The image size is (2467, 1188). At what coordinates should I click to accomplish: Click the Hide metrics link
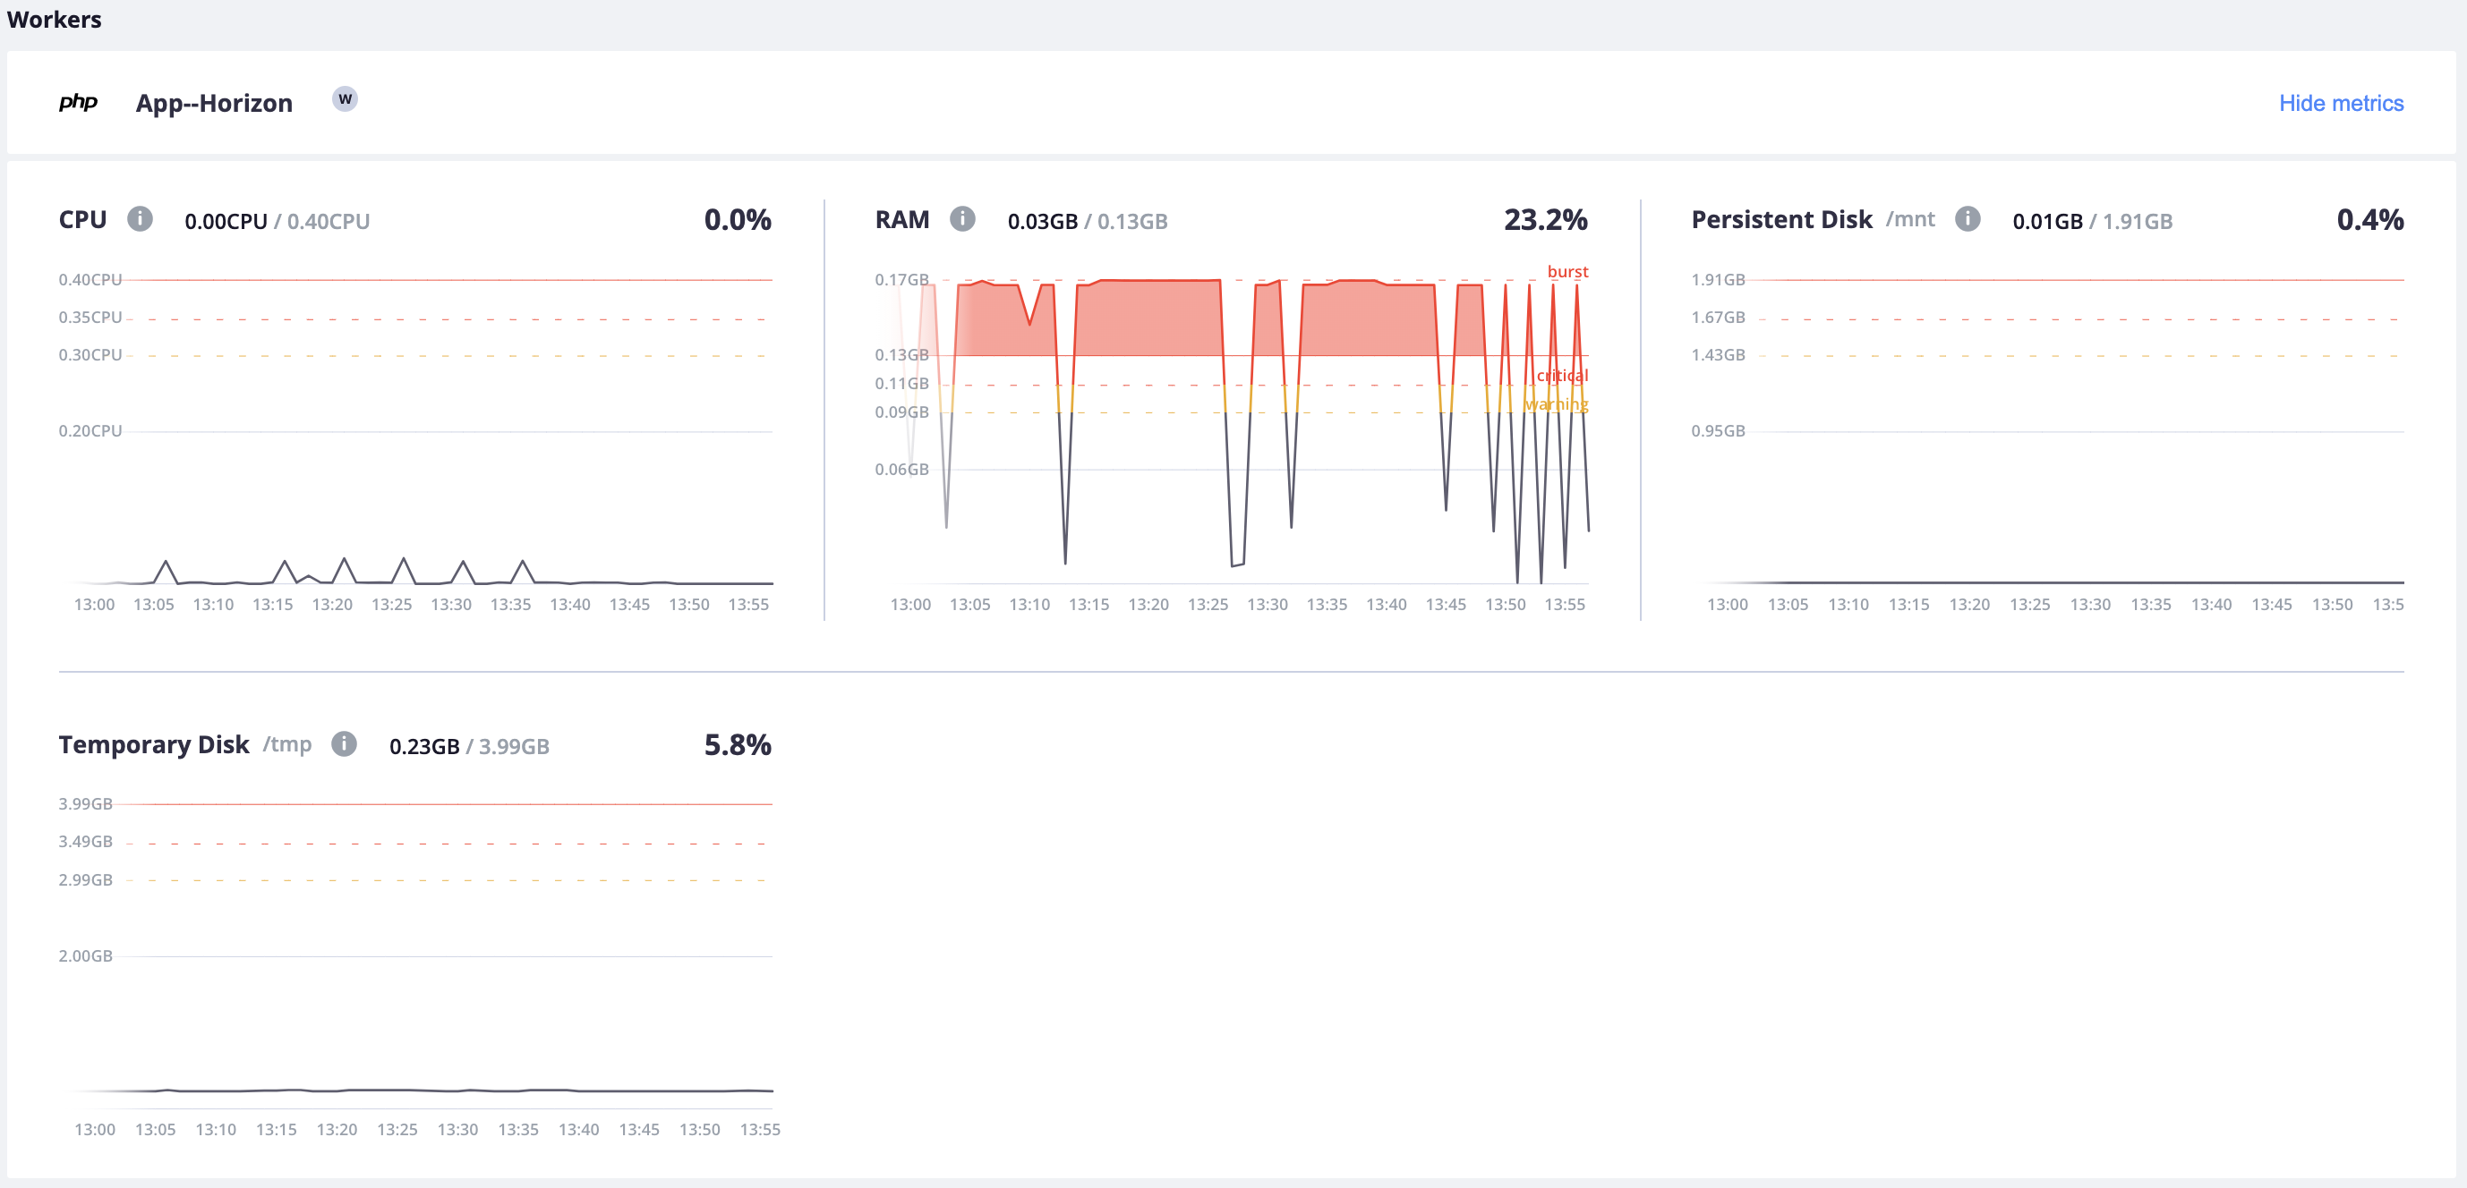pyautogui.click(x=2340, y=104)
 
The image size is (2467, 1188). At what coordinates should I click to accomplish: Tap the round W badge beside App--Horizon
pyautogui.click(x=345, y=99)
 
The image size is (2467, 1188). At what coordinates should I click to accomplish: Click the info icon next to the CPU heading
pyautogui.click(x=140, y=219)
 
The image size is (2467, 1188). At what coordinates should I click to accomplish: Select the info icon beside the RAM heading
pyautogui.click(x=961, y=219)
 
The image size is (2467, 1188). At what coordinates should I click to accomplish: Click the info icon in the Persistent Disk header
pyautogui.click(x=1968, y=219)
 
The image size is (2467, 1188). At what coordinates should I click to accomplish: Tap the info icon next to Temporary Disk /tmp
pyautogui.click(x=344, y=743)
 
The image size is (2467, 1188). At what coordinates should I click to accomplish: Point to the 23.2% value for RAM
pyautogui.click(x=1545, y=220)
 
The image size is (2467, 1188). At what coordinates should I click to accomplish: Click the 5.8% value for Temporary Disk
pyautogui.click(x=738, y=745)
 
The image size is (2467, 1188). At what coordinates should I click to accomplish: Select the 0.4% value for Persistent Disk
pyautogui.click(x=2369, y=220)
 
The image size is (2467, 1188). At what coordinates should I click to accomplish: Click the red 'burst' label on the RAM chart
pyautogui.click(x=1566, y=272)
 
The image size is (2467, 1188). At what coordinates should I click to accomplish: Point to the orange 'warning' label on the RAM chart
pyautogui.click(x=1558, y=405)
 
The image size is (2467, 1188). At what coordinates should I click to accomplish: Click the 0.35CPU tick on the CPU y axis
pyautogui.click(x=90, y=318)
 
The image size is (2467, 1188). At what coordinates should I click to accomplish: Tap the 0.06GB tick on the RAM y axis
pyautogui.click(x=901, y=469)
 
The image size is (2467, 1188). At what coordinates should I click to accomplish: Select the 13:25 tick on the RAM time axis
pyautogui.click(x=1207, y=605)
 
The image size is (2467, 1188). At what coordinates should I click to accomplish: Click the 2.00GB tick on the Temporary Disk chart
pyautogui.click(x=85, y=956)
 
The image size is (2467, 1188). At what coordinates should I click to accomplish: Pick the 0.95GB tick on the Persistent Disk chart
pyautogui.click(x=1717, y=431)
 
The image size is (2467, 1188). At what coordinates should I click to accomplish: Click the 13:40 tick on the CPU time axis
pyautogui.click(x=570, y=605)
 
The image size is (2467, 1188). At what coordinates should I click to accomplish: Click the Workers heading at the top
pyautogui.click(x=54, y=19)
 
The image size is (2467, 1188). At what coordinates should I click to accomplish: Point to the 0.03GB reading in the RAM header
pyautogui.click(x=1042, y=221)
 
